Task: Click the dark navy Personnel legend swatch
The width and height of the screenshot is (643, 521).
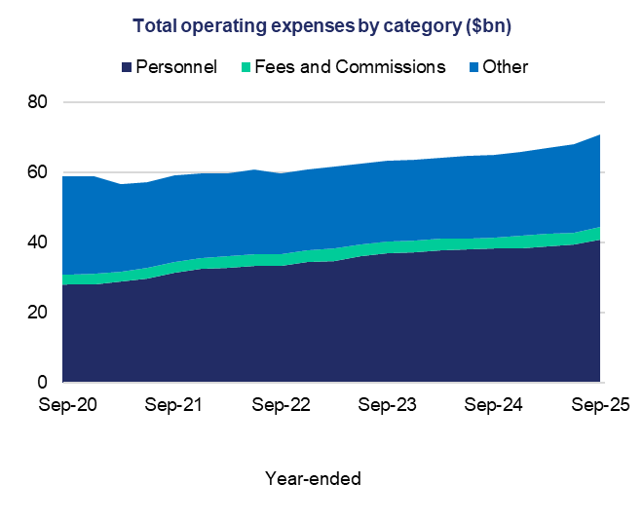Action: tap(127, 67)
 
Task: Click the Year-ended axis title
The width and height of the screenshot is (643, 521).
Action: tap(313, 478)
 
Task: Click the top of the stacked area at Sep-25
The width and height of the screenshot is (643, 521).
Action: tap(601, 135)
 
